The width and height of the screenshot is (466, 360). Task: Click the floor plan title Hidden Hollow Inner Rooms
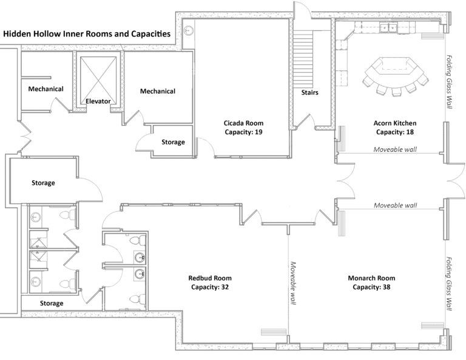(x=86, y=35)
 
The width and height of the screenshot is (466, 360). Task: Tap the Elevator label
(x=98, y=101)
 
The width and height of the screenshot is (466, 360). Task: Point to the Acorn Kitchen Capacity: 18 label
(x=394, y=126)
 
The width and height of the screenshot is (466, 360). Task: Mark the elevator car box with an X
(x=98, y=75)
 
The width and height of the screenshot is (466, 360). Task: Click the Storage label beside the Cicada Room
(x=173, y=142)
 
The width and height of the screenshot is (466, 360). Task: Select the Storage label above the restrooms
(x=43, y=183)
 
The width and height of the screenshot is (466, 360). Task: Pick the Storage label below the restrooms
(x=52, y=303)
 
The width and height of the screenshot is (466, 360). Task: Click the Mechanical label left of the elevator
(x=46, y=89)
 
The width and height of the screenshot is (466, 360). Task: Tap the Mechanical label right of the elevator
(x=157, y=91)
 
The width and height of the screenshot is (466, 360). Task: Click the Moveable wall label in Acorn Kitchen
(x=395, y=149)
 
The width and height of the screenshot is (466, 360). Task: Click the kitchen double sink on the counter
(x=388, y=27)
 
